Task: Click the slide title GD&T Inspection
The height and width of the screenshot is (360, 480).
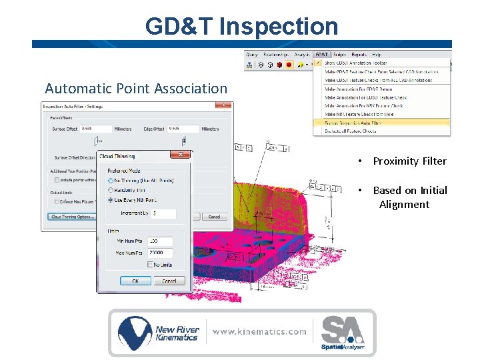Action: (241, 26)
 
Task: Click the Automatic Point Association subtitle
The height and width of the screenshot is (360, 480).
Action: (136, 88)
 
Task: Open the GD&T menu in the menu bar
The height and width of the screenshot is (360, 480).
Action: (321, 54)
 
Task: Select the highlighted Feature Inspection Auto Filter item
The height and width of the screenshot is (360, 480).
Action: (353, 123)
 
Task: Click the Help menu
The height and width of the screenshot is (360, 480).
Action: (377, 54)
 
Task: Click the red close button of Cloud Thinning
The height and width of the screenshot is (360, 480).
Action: (179, 155)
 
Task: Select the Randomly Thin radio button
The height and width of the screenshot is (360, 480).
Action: (111, 190)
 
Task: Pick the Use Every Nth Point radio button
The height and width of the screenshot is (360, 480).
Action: (111, 199)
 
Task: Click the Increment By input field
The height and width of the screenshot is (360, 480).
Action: (163, 213)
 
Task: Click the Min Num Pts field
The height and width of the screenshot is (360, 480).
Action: (159, 241)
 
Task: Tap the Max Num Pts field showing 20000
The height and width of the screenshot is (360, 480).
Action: (159, 253)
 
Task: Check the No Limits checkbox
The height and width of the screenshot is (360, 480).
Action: (151, 265)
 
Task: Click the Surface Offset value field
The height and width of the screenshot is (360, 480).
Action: (96, 129)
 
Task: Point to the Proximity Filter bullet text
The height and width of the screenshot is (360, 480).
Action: (409, 161)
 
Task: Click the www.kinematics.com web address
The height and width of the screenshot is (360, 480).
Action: (259, 331)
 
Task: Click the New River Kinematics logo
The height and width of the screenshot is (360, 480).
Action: (158, 332)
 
